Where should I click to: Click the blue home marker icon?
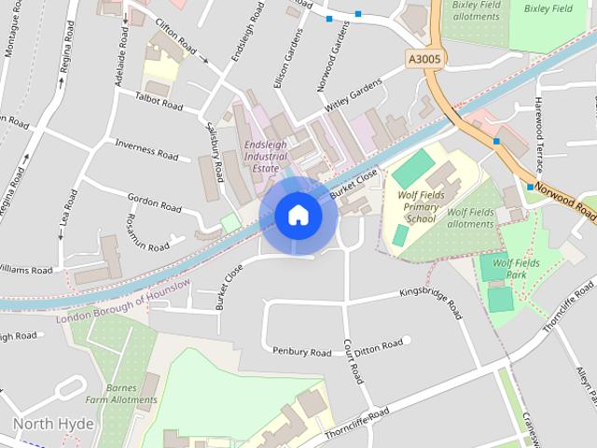(298, 215)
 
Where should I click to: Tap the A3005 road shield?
(425, 58)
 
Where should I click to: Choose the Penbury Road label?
(301, 352)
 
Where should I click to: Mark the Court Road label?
(352, 360)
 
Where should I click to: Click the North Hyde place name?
(53, 424)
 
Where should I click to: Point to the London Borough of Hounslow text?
(123, 301)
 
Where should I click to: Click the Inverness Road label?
(146, 149)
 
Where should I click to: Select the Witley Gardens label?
(354, 96)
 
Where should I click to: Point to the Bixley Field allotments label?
(476, 12)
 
